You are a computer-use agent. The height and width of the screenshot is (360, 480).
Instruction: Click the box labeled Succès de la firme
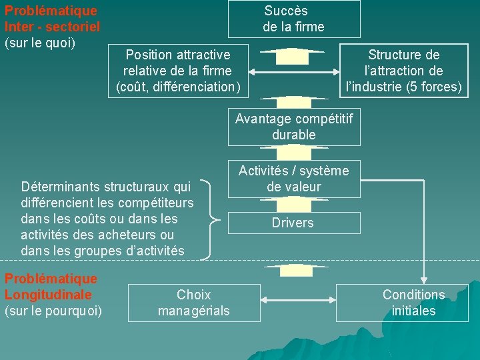tap(294, 19)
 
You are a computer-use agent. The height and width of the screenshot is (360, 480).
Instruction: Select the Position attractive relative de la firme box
tap(178, 71)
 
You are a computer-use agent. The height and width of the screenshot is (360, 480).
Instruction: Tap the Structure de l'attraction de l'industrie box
tap(404, 71)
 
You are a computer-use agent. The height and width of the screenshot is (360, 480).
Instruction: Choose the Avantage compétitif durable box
tap(294, 127)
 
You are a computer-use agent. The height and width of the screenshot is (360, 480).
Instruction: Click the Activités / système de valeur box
tap(294, 179)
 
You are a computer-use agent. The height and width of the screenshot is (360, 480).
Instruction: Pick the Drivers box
tap(294, 223)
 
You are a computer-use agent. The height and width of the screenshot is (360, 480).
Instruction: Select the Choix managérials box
tap(193, 303)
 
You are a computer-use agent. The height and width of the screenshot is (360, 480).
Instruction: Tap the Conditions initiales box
tap(413, 303)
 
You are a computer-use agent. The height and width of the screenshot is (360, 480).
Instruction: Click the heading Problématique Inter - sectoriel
tap(52, 19)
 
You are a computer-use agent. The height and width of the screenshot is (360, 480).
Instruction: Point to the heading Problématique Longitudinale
tap(51, 287)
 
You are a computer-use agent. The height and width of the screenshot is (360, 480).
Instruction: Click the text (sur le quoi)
tap(40, 43)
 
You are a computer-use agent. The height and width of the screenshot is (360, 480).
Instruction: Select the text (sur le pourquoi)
tap(53, 311)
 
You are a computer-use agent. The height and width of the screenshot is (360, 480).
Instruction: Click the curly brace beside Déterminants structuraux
tap(212, 219)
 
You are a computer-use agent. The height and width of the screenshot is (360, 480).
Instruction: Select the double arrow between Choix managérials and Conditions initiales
tap(298, 301)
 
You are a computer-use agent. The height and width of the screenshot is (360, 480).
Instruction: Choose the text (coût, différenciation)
tap(178, 87)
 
